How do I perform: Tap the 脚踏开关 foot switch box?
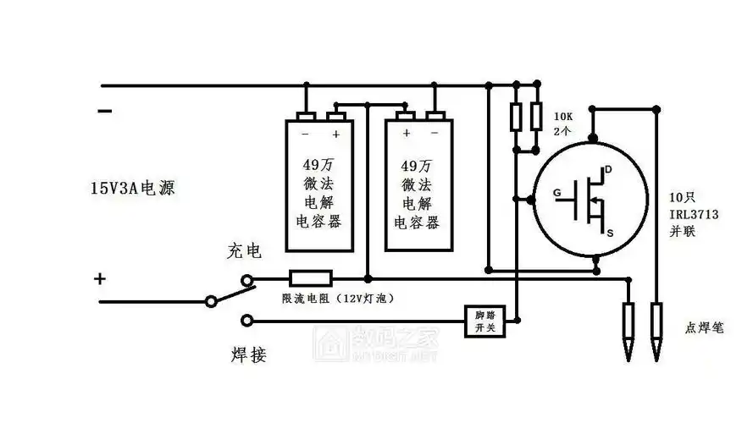point(485,320)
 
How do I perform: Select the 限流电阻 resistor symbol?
point(311,278)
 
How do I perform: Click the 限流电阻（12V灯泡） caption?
point(338,299)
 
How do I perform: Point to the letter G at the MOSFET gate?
point(556,193)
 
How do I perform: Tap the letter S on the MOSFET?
point(611,229)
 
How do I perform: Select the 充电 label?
point(244,251)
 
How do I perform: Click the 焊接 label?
point(248,354)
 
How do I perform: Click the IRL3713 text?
point(694,215)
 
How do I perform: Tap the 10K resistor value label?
point(564,115)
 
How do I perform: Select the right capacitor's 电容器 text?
point(417,222)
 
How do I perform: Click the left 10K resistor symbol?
point(515,118)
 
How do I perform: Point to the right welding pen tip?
point(657,348)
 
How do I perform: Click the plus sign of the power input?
point(100,278)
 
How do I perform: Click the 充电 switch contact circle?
point(247,278)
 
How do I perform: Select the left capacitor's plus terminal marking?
point(336,135)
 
